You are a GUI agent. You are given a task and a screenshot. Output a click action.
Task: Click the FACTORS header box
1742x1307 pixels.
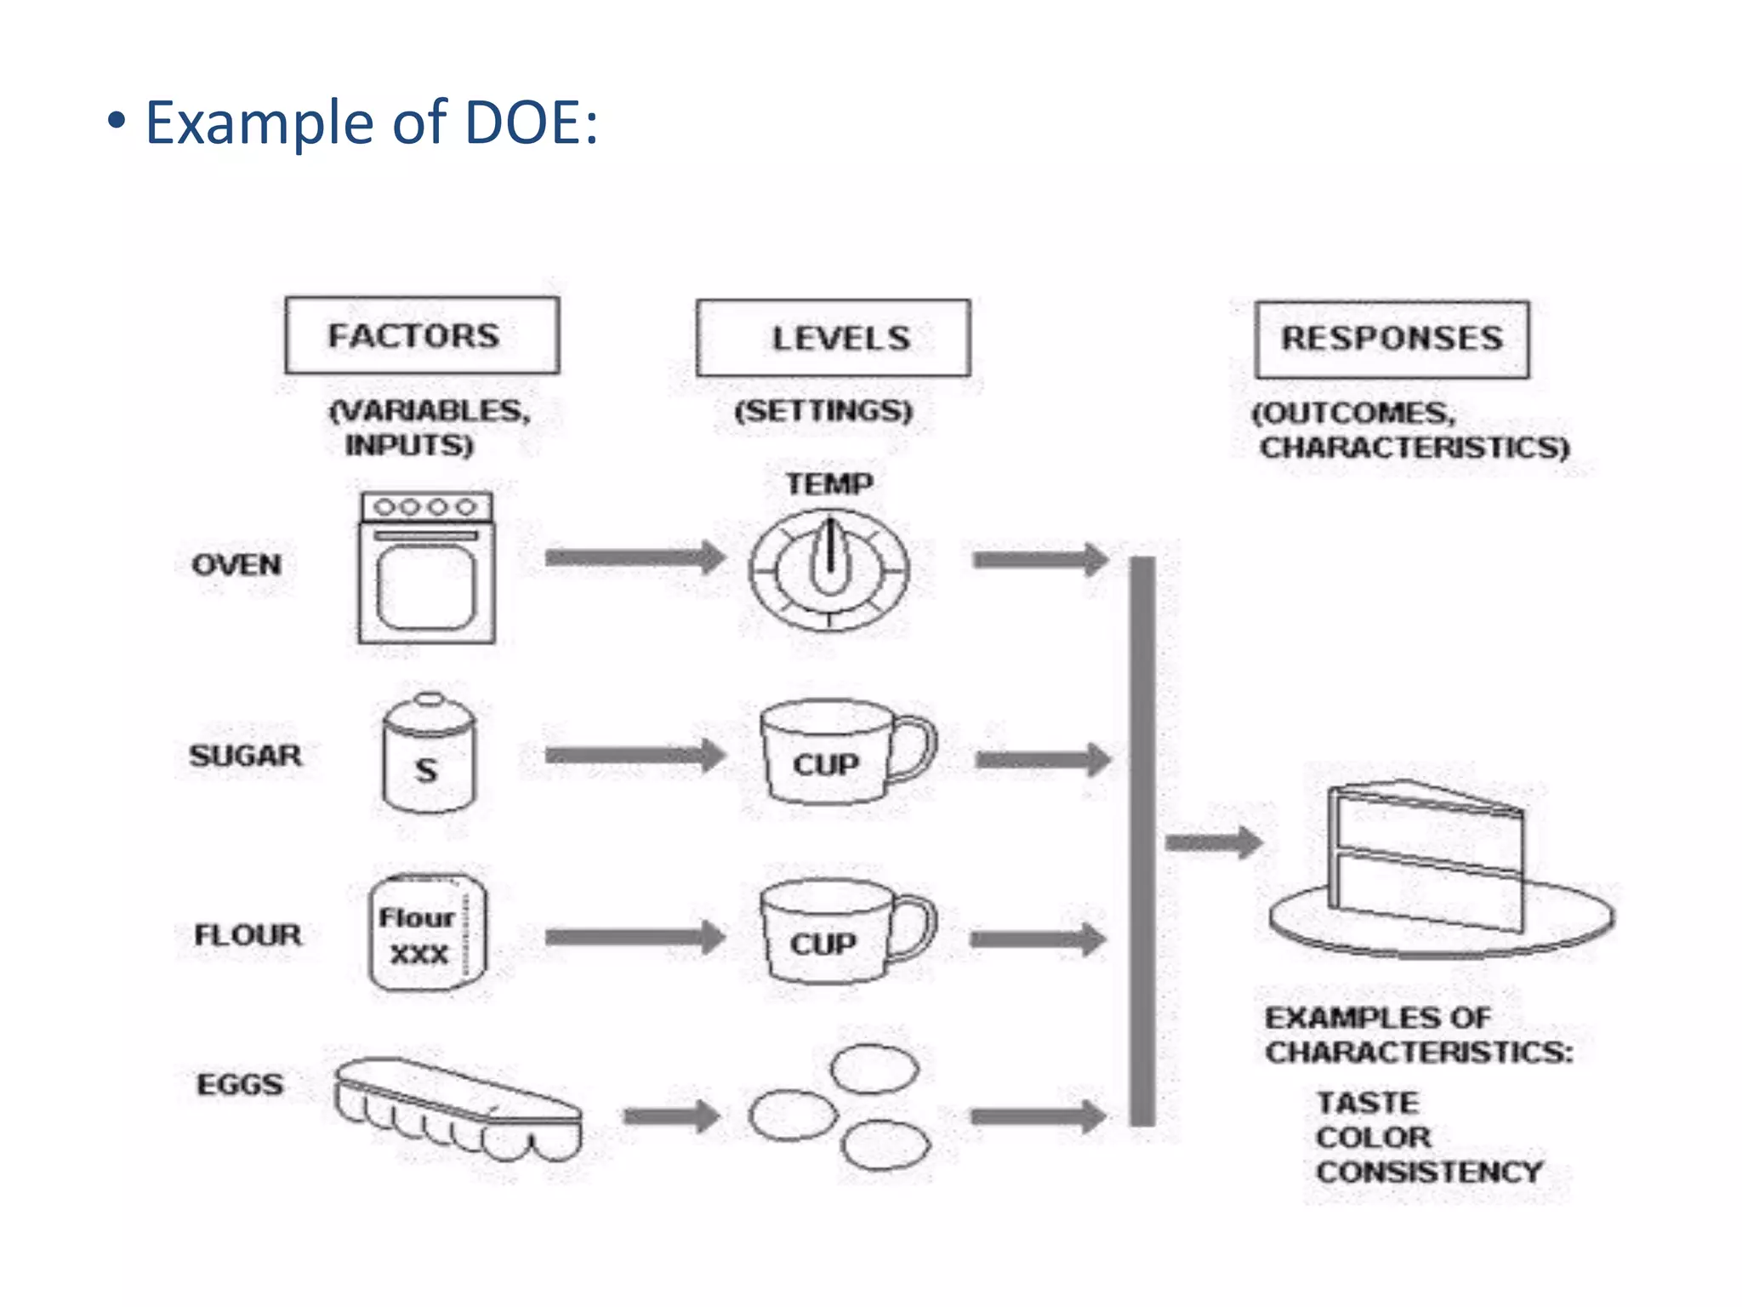422,335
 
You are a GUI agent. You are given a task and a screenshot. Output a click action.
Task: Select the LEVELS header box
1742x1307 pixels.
833,338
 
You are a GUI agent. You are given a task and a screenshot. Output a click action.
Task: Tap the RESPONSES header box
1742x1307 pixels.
1392,339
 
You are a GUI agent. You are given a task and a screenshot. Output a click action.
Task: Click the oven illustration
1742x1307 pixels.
426,568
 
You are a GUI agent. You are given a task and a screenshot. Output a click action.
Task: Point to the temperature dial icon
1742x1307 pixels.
829,569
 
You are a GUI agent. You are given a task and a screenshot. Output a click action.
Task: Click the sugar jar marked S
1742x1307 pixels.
428,755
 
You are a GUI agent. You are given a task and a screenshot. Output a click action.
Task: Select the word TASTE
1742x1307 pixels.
1368,1103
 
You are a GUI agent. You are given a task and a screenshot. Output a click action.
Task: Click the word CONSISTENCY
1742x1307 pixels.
1429,1173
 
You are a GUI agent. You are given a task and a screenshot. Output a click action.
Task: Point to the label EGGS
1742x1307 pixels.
240,1085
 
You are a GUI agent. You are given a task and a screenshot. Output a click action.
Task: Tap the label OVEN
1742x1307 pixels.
236,565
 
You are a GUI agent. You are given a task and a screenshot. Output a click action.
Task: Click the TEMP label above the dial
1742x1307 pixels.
829,484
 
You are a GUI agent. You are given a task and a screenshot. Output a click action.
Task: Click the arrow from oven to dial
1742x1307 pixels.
635,558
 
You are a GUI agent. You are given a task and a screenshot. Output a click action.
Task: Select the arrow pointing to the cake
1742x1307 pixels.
1213,843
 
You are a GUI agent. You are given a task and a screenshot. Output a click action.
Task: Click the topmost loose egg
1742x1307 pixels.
874,1069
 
